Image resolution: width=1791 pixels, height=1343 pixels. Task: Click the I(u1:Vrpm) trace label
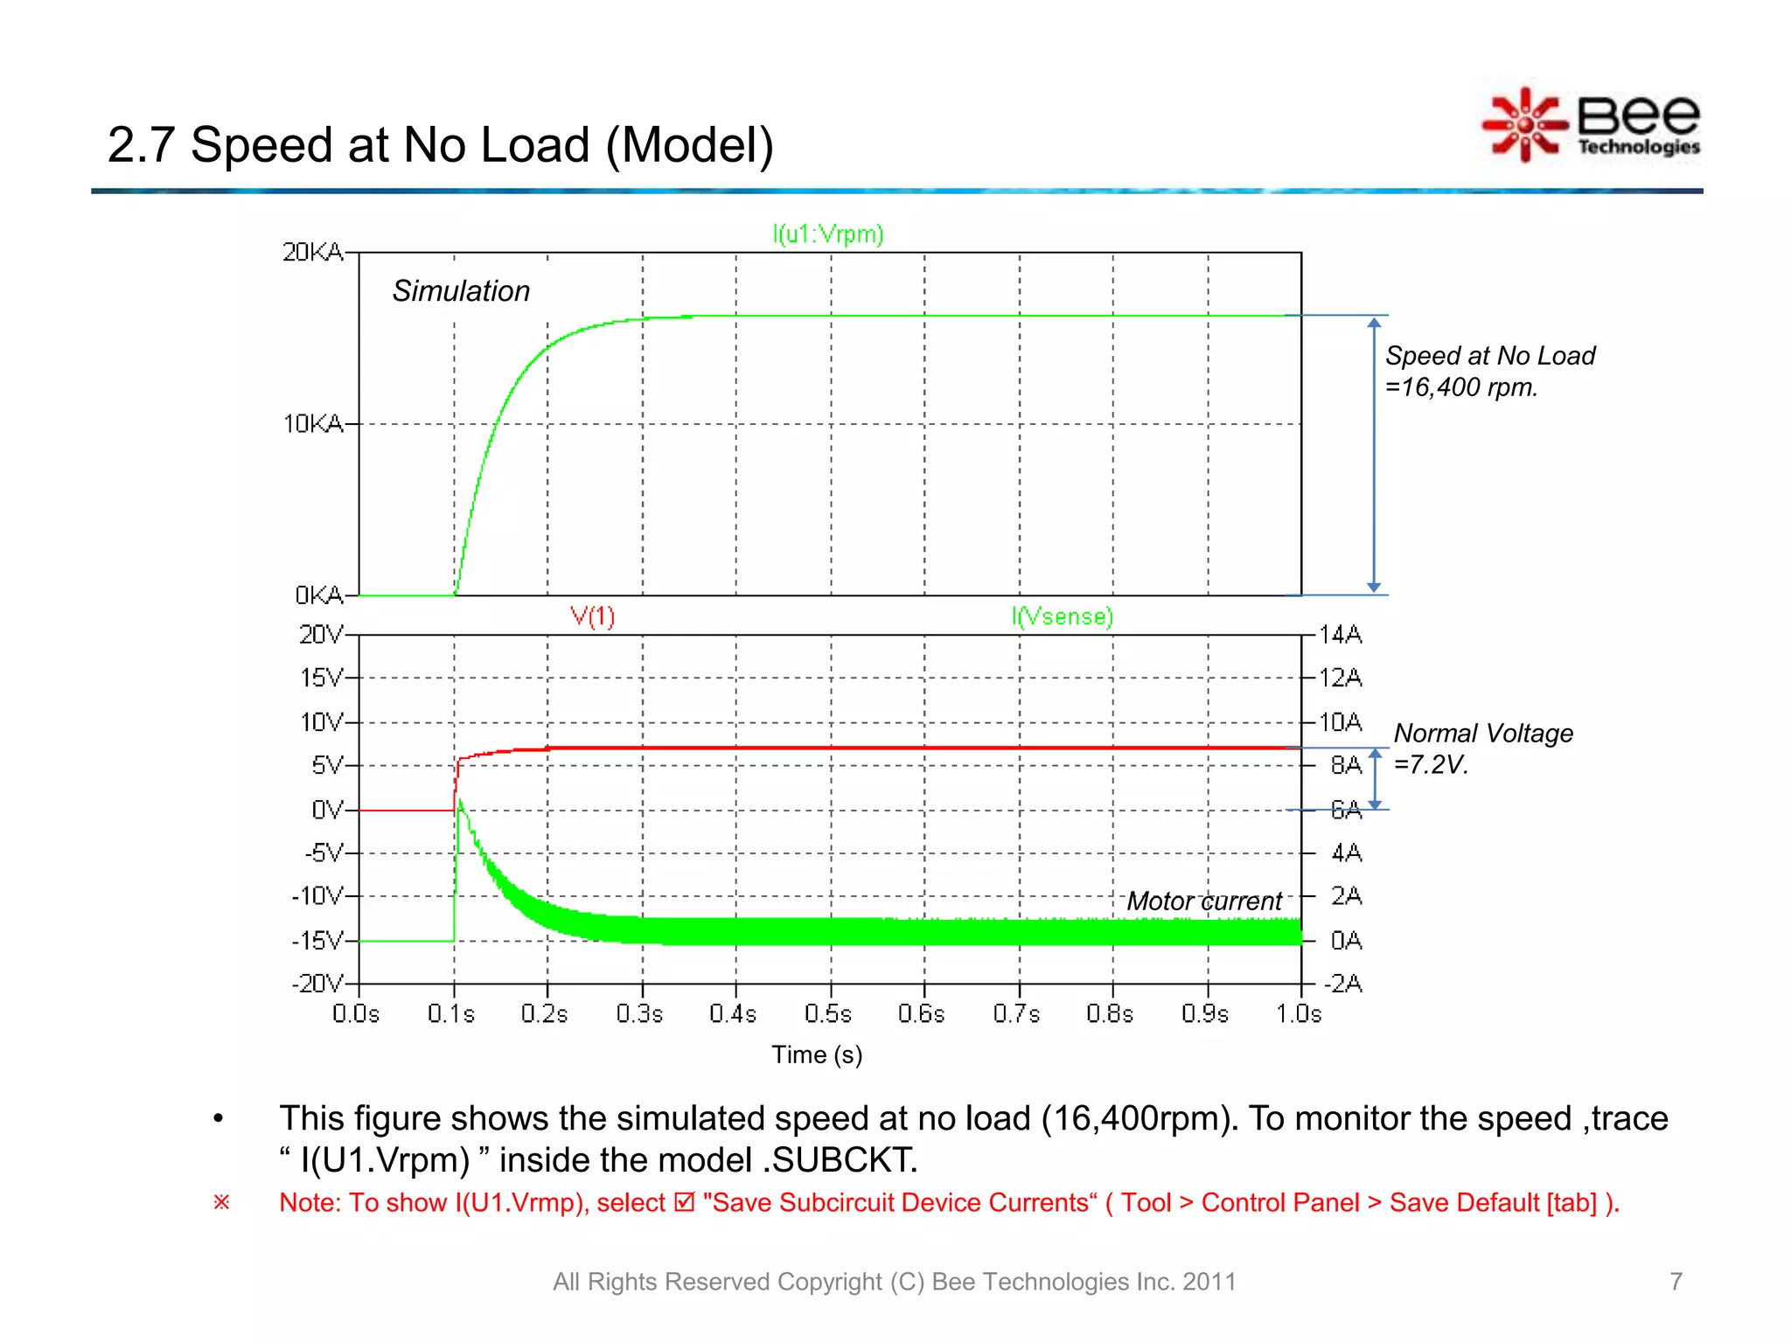click(827, 234)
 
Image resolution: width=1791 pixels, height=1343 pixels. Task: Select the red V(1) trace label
click(593, 616)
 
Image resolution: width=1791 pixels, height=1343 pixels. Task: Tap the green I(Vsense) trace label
click(1062, 616)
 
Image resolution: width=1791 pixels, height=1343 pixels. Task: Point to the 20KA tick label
click(312, 253)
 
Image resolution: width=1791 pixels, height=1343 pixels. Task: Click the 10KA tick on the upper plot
click(312, 424)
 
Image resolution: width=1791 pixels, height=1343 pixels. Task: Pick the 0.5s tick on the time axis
click(827, 1014)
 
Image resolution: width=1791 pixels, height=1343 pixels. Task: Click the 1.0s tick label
click(1299, 1014)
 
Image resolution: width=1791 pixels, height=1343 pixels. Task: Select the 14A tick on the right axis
click(1340, 635)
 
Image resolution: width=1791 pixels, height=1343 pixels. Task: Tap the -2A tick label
click(1342, 984)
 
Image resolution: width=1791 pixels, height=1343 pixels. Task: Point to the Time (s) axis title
click(817, 1054)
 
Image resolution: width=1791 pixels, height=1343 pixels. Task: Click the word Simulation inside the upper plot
click(461, 291)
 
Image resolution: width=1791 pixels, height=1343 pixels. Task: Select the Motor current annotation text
click(1204, 901)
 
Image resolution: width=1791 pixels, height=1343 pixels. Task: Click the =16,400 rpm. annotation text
click(1461, 387)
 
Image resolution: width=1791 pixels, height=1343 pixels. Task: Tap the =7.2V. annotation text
click(1430, 765)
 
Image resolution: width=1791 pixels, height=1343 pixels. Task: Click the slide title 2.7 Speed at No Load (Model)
click(440, 145)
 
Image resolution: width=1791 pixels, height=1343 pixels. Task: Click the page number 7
click(1676, 1281)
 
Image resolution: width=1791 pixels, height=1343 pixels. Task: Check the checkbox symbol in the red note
click(685, 1203)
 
